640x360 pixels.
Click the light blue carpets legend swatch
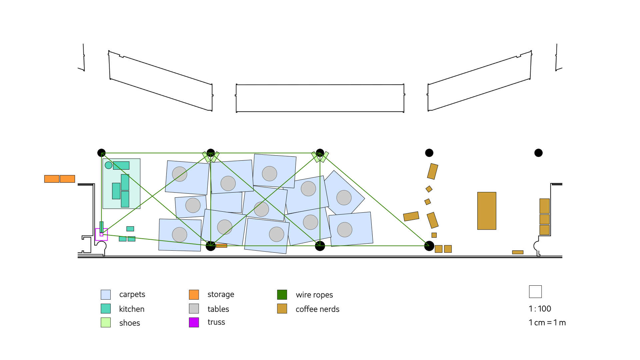pos(106,295)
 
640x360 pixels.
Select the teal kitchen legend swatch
pos(106,309)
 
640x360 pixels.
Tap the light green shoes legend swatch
pos(106,322)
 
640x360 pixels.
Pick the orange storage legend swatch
pos(194,295)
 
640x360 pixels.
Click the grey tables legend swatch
pos(194,309)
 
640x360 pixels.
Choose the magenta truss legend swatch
pos(194,322)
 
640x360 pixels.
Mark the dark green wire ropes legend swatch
pos(282,295)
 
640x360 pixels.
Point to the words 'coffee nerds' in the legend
pos(317,309)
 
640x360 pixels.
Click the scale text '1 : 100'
pos(540,309)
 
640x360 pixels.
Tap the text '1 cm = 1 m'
pos(547,323)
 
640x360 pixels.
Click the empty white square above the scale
pos(535,292)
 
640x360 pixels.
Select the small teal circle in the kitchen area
pos(108,165)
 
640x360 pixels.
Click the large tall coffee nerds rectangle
pos(487,211)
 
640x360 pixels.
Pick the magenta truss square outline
pos(101,234)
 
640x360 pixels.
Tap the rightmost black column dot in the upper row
pos(538,153)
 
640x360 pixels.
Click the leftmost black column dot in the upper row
pos(101,153)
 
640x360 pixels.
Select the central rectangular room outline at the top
pos(320,98)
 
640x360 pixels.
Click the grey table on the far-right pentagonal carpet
pos(344,198)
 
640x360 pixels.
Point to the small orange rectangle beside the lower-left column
pos(221,246)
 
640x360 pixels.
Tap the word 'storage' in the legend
pos(221,294)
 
